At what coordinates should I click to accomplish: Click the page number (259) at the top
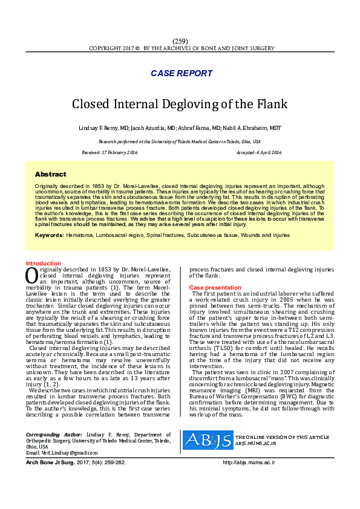click(x=180, y=41)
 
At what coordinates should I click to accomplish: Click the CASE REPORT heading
click(x=182, y=74)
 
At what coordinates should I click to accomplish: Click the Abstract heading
click(x=51, y=174)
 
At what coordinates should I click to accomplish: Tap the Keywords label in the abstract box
click(x=49, y=235)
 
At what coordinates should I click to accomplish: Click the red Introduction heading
click(x=43, y=264)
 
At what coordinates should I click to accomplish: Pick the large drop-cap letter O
click(x=32, y=275)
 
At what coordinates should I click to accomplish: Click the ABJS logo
click(x=208, y=439)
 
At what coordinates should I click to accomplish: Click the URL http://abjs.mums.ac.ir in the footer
click(x=249, y=462)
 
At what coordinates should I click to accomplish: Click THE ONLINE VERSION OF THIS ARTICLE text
click(x=282, y=436)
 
